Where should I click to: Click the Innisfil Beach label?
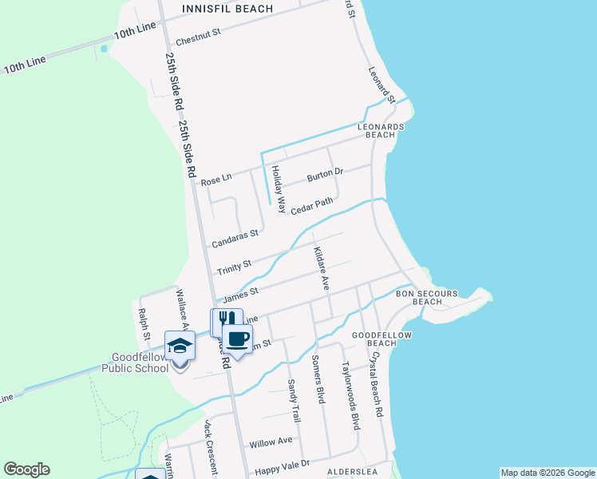tap(227, 9)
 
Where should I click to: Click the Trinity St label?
tap(235, 264)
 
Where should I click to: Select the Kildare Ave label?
tap(321, 268)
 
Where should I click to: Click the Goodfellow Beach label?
tap(374, 338)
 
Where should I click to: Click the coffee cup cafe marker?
tap(237, 338)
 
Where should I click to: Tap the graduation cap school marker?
tap(180, 346)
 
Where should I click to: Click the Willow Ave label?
tap(271, 441)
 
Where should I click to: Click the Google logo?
tap(26, 469)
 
